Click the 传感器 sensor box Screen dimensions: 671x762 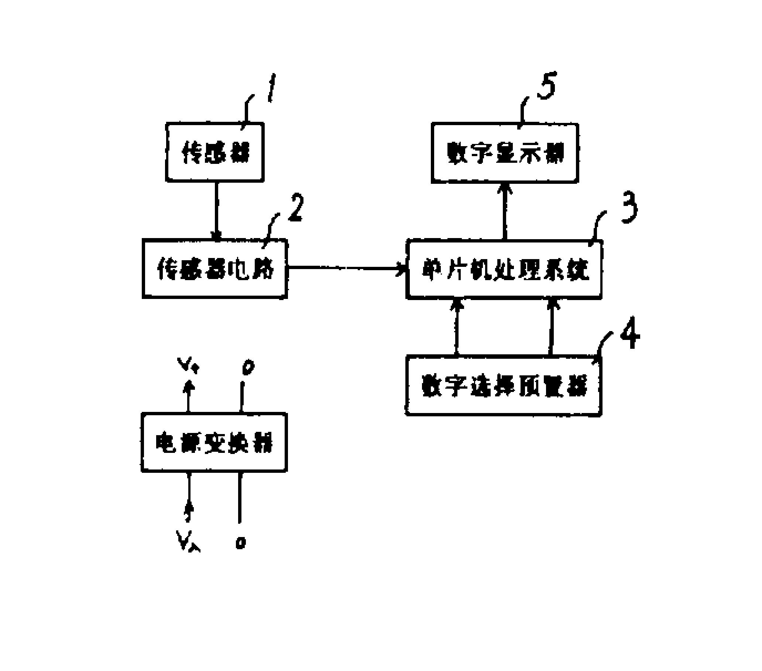(215, 152)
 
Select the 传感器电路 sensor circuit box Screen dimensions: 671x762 (215, 268)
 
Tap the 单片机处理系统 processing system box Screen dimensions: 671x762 (504, 269)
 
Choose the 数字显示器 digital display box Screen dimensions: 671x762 (505, 153)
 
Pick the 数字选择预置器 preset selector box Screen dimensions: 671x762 (503, 385)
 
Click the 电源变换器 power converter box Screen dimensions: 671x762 (214, 443)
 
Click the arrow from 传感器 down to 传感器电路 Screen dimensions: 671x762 (216, 211)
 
